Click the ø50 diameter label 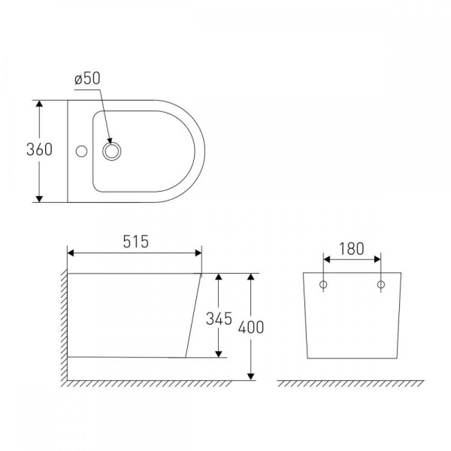point(87,78)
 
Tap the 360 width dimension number point(39,150)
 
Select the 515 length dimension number point(136,241)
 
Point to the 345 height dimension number point(219,319)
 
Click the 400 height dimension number point(251,327)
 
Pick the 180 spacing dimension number point(352,249)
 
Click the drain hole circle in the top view point(112,151)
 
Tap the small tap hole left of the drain point(81,151)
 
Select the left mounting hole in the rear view point(323,285)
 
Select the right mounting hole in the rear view point(381,285)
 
